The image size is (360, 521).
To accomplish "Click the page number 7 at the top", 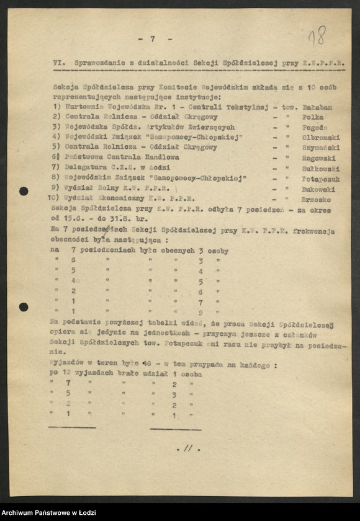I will tap(152, 38).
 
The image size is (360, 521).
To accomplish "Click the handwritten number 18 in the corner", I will tap(317, 35).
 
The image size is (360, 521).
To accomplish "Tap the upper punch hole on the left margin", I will tap(24, 191).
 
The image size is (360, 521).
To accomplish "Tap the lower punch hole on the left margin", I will tap(24, 306).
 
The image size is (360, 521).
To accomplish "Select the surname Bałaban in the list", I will tap(317, 107).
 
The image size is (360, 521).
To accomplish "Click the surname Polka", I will tap(312, 117).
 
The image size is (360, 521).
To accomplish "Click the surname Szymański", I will tap(320, 148).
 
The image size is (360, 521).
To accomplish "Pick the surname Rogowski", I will tap(319, 158).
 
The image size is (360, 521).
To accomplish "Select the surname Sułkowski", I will tap(320, 168).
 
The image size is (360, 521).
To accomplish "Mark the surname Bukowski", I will tap(318, 189).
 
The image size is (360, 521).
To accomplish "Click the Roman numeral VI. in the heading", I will tap(60, 63).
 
